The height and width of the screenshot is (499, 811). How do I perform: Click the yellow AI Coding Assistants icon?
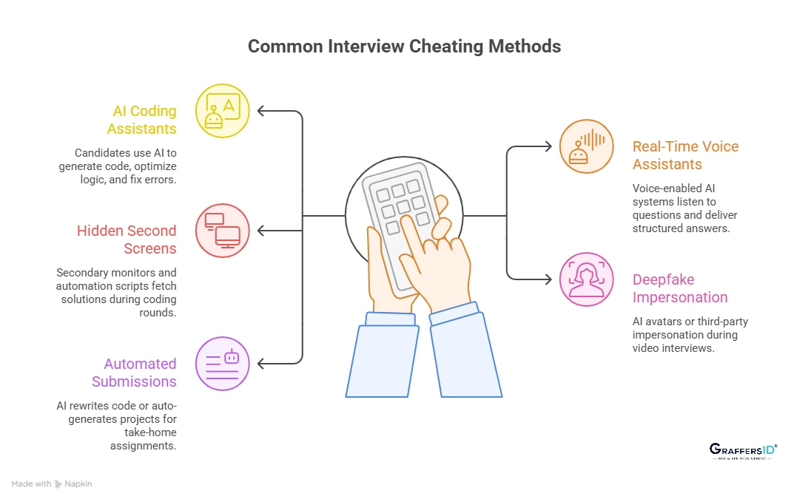[222, 111]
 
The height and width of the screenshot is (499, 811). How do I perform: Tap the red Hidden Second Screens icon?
[222, 230]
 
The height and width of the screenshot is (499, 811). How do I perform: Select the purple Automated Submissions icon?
[222, 363]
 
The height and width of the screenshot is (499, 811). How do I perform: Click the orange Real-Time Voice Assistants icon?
[586, 146]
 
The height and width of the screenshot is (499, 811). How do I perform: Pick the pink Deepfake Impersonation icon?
[586, 279]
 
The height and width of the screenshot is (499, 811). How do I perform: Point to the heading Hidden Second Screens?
[127, 240]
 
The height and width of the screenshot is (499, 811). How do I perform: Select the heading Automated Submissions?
[134, 373]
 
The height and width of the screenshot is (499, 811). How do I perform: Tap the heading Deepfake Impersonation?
[680, 288]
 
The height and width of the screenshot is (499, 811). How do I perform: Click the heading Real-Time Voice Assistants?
[685, 155]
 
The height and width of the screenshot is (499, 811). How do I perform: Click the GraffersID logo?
[742, 451]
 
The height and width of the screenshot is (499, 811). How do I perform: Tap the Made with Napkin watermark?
[52, 483]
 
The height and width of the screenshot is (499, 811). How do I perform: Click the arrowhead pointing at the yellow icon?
[261, 111]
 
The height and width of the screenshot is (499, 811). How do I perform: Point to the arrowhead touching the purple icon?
[261, 363]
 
